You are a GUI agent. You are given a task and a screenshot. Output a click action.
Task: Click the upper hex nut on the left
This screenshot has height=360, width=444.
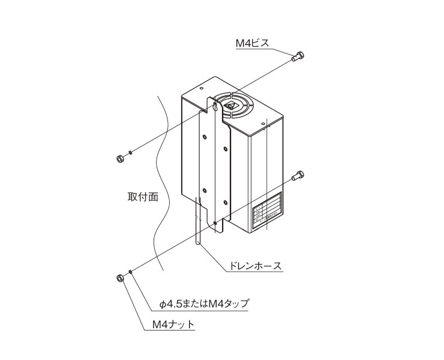coord(119,158)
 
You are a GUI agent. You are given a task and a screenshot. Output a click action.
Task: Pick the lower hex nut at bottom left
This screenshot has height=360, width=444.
coord(119,278)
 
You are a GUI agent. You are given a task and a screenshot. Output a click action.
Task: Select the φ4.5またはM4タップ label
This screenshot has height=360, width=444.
coord(204,304)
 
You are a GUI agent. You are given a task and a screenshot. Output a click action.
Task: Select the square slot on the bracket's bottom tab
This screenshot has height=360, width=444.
coord(215,224)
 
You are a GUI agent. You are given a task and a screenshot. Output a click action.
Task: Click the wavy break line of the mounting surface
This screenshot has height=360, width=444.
coord(157,180)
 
